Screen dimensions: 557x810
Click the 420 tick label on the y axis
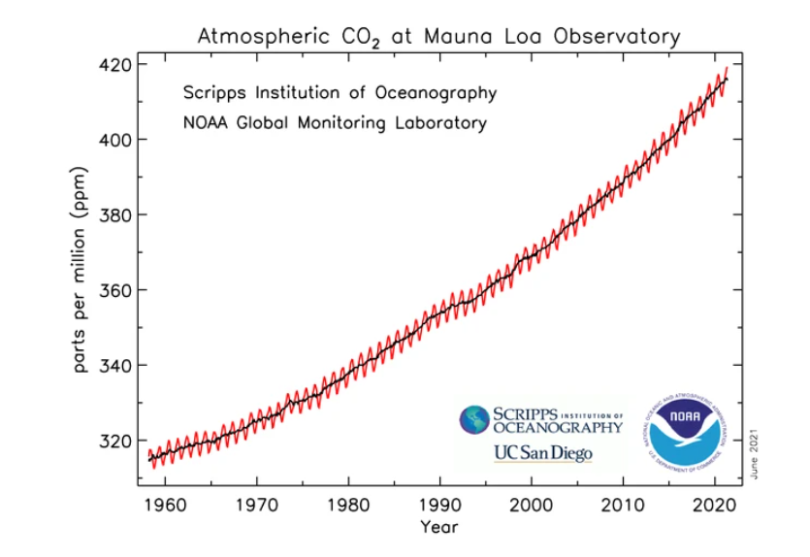click(114, 65)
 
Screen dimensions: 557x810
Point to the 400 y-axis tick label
click(114, 140)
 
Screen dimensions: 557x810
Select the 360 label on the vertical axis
click(114, 290)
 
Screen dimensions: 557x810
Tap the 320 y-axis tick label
click(114, 441)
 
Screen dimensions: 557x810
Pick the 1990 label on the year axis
click(439, 506)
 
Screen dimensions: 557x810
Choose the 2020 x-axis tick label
click(716, 506)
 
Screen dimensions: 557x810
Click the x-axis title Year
click(438, 528)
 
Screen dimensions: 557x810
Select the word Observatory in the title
click(617, 37)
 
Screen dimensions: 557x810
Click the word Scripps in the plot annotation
click(215, 93)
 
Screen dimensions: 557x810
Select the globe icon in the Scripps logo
click(475, 420)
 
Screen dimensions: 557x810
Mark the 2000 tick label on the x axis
click(532, 506)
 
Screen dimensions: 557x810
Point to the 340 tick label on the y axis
click(114, 366)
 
